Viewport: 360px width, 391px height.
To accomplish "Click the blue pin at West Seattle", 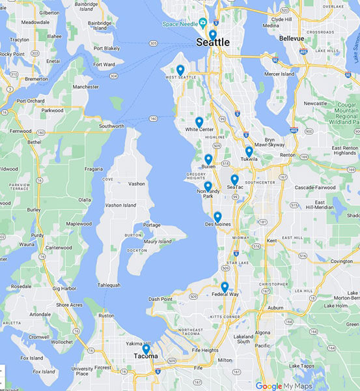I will (180, 70).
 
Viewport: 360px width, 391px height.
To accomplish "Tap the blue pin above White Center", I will (199, 122).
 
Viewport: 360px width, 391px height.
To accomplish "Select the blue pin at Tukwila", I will (249, 151).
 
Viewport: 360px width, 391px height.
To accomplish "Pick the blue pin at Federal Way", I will (225, 287).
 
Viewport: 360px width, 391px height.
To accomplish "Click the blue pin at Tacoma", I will (146, 349).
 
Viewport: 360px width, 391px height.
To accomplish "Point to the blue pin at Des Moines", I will (217, 216).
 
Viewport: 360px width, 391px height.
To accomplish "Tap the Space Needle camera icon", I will (202, 23).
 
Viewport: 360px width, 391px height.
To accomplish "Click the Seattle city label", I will (213, 42).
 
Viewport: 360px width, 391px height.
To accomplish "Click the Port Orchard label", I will (31, 101).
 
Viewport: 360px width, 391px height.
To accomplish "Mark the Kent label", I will (273, 241).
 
